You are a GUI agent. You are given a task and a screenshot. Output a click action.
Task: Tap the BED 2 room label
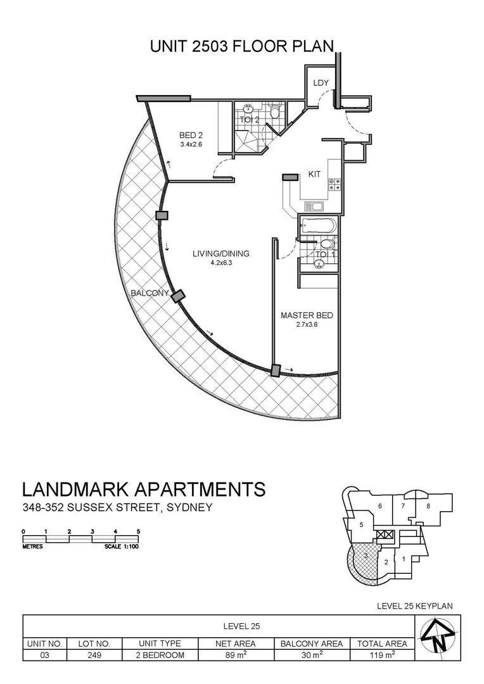click(190, 135)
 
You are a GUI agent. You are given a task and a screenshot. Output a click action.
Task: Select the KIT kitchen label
click(315, 174)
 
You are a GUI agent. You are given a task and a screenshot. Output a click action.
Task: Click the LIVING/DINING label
click(221, 254)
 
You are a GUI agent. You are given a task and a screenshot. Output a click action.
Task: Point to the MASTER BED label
click(307, 315)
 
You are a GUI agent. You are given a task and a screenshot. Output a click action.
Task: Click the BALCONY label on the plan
click(150, 293)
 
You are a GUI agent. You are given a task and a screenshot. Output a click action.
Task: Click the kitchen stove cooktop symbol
click(333, 184)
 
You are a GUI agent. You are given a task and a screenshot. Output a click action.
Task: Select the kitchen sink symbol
click(314, 206)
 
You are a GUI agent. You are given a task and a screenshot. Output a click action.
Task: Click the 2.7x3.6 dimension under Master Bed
click(307, 325)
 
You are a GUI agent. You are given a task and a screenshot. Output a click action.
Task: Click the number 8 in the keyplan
click(428, 505)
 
